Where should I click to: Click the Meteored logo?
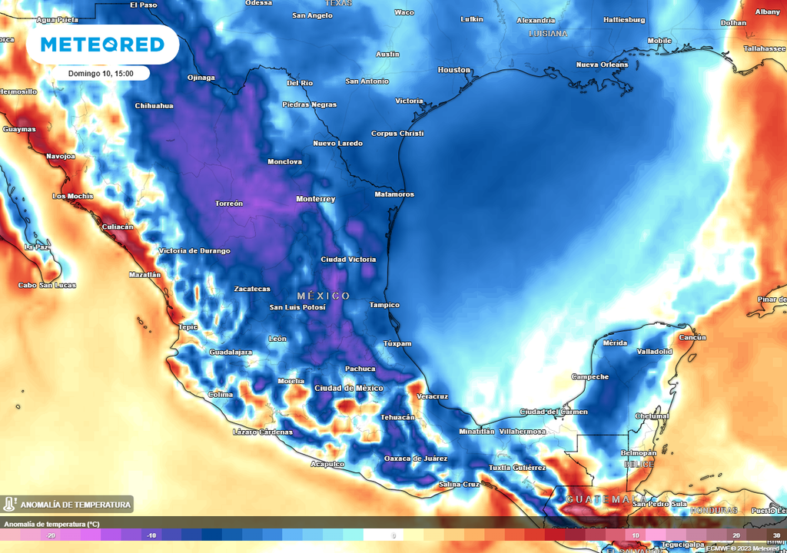tap(102, 45)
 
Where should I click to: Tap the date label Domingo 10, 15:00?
tap(101, 74)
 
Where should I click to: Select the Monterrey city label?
tap(316, 199)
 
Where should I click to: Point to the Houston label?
tap(453, 70)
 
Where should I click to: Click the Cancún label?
tap(693, 337)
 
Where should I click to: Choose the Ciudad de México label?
tap(348, 388)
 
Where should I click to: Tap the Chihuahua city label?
tap(154, 105)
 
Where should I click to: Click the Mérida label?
tap(615, 343)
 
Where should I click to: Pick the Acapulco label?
tap(327, 464)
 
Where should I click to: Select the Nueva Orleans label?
tap(602, 65)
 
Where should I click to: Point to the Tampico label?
tap(384, 305)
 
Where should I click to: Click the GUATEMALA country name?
tap(606, 499)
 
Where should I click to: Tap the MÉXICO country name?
tap(324, 296)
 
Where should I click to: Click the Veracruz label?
tap(431, 396)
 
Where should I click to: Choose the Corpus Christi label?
tap(397, 133)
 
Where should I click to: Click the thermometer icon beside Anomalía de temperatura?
tap(10, 505)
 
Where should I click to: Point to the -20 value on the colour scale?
tap(51, 535)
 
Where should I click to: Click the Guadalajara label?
tap(231, 352)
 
